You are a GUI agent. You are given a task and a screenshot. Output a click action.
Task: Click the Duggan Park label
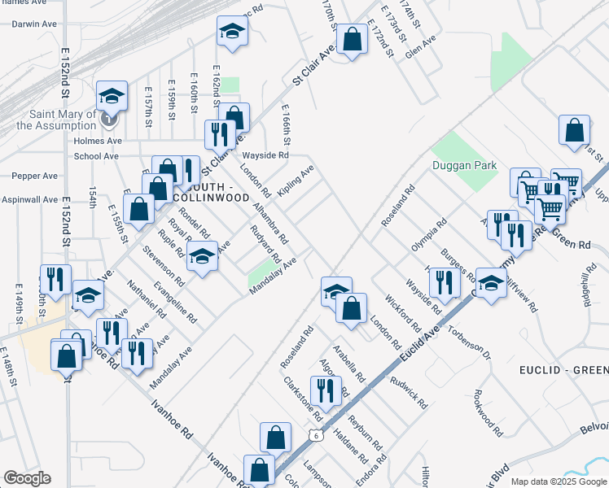click(x=463, y=165)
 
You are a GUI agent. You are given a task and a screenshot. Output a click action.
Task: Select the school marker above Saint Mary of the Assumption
click(x=112, y=97)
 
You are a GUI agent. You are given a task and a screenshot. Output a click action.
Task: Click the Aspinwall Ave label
click(x=29, y=199)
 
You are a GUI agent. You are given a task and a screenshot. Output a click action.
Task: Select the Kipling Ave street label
click(x=295, y=181)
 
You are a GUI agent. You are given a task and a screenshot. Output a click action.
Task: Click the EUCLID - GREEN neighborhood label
click(x=563, y=370)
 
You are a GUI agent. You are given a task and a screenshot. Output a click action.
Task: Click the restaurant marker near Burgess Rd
click(x=444, y=281)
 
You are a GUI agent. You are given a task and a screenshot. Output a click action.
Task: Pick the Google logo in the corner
click(x=27, y=478)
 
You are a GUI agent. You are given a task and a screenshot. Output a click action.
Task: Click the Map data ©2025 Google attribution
click(x=558, y=481)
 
